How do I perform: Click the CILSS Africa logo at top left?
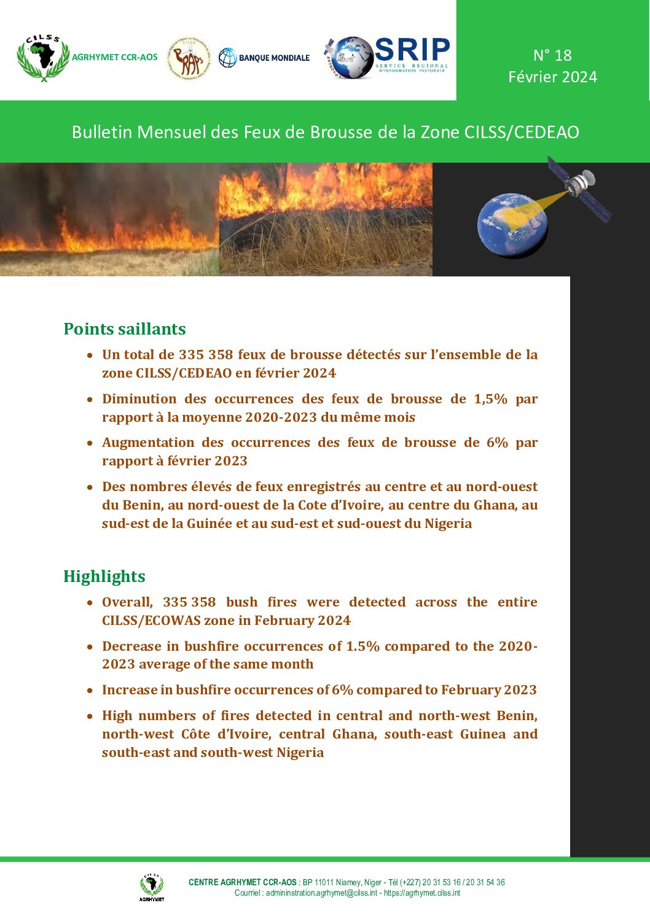tap(43, 58)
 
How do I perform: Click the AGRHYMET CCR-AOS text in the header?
tap(115, 57)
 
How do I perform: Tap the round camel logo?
tap(189, 58)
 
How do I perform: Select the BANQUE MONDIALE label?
tap(274, 58)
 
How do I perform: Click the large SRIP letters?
tap(412, 50)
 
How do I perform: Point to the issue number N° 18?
tap(552, 55)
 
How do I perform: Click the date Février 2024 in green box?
tap(552, 77)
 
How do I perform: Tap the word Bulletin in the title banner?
tap(102, 132)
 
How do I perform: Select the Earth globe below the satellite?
tap(512, 225)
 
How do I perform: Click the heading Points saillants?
tap(125, 329)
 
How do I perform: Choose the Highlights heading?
tap(104, 576)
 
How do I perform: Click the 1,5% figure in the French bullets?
tap(490, 399)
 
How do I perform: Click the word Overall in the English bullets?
tap(127, 602)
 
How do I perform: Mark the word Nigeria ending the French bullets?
tap(448, 524)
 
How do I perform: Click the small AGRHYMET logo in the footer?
tap(151, 887)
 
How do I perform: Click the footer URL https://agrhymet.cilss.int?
tap(422, 893)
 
